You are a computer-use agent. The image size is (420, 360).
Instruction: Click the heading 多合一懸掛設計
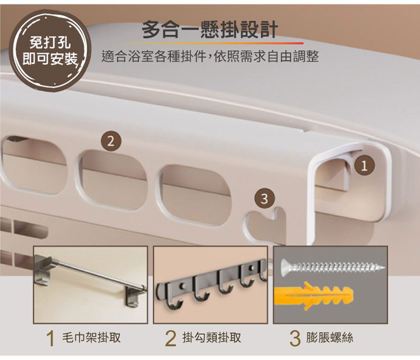[210, 29]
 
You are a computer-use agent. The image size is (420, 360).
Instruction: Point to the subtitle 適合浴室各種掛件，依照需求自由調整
[210, 56]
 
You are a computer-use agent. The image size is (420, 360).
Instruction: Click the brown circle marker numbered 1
[364, 166]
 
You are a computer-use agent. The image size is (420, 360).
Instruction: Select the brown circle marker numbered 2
[111, 141]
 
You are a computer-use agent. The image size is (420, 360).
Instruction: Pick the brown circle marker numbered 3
[264, 199]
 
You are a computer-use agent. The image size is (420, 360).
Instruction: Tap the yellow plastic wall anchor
[314, 295]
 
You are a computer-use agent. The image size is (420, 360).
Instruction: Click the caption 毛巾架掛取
[91, 338]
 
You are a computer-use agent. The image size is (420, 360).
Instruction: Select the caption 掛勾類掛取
[212, 338]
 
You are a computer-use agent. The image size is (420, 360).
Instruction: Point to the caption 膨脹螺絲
[330, 338]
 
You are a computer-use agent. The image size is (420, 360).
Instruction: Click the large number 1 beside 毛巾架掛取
[50, 338]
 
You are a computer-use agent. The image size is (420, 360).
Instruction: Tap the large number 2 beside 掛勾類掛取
[171, 338]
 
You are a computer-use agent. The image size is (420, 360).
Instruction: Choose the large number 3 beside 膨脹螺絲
[295, 338]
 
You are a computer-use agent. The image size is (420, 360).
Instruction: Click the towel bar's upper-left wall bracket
[43, 269]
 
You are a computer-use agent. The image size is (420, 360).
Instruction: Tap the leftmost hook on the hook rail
[175, 296]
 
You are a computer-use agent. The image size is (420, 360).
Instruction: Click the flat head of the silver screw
[286, 267]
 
